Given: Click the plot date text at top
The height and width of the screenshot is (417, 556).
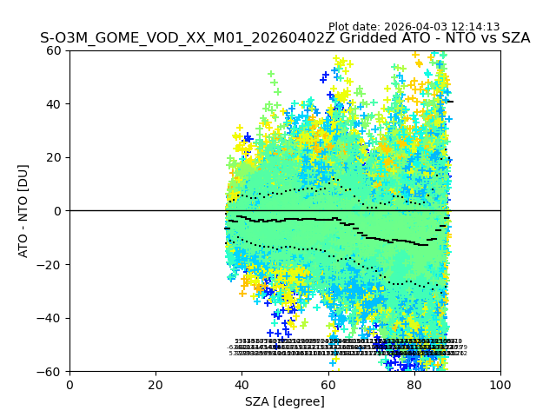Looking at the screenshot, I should pos(414,27).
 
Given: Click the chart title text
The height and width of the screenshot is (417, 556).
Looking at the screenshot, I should pos(285,38).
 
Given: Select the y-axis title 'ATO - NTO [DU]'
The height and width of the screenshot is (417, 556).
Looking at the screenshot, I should pos(24,211).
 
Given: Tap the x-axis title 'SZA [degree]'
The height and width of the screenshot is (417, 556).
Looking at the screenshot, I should pos(285,401).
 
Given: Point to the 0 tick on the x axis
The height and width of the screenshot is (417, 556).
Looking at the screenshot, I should pos(69,385).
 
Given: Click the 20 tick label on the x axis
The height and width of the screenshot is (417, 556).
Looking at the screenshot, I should pos(156,385).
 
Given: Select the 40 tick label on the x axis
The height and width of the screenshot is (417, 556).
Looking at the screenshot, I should pos(242,385).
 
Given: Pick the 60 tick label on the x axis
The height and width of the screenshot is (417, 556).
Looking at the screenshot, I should pos(328,385).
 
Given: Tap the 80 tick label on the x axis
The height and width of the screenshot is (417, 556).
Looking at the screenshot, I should pos(414,385).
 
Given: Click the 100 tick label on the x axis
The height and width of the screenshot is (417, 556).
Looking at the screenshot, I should pos(500,385).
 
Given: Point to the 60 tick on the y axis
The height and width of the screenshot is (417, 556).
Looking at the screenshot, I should pos(55,50).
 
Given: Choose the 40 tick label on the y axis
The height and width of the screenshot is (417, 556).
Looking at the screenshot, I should pos(55,104).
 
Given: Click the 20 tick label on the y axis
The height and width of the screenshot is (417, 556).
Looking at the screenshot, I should pos(55,157).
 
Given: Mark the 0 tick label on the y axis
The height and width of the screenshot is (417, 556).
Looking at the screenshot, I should pos(58,211).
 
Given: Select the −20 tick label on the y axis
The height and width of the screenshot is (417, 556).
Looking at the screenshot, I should pos(50,265).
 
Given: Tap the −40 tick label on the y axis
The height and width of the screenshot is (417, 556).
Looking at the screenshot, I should pos(50,318).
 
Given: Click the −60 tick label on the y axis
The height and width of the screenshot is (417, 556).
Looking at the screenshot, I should pos(50,372).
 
